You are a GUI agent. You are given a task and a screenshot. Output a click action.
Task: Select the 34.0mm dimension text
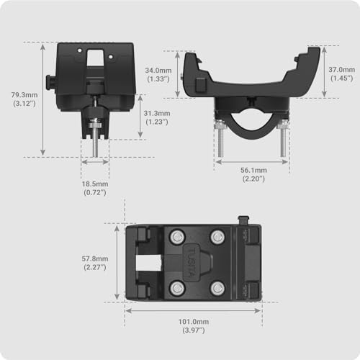tap(157, 71)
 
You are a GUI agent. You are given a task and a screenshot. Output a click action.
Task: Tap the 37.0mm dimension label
tap(341, 70)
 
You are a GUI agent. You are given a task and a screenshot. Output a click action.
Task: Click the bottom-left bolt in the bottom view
tap(175, 287)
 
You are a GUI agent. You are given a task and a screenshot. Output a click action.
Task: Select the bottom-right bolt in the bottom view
tap(216, 287)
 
